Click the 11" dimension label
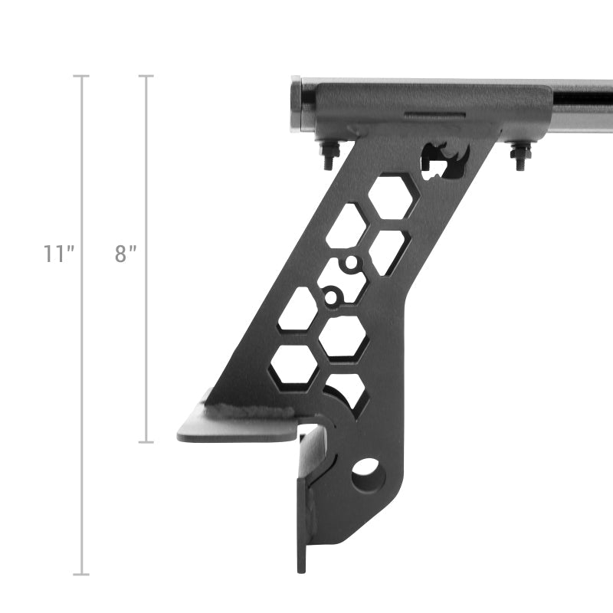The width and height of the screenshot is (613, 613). click(58, 254)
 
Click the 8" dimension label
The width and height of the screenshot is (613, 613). click(126, 254)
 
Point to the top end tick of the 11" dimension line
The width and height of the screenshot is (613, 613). click(81, 76)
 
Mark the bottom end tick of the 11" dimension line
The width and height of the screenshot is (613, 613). click(81, 574)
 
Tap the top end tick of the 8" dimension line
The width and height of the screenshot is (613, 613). click(146, 76)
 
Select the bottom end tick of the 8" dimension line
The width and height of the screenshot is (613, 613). click(146, 442)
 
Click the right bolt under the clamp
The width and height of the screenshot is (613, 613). click(520, 156)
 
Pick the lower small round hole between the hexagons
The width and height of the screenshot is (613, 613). click(331, 295)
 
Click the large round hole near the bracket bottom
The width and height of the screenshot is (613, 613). click(367, 474)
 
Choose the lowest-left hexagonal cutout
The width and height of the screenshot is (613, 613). click(293, 365)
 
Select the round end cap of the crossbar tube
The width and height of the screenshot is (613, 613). click(297, 105)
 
